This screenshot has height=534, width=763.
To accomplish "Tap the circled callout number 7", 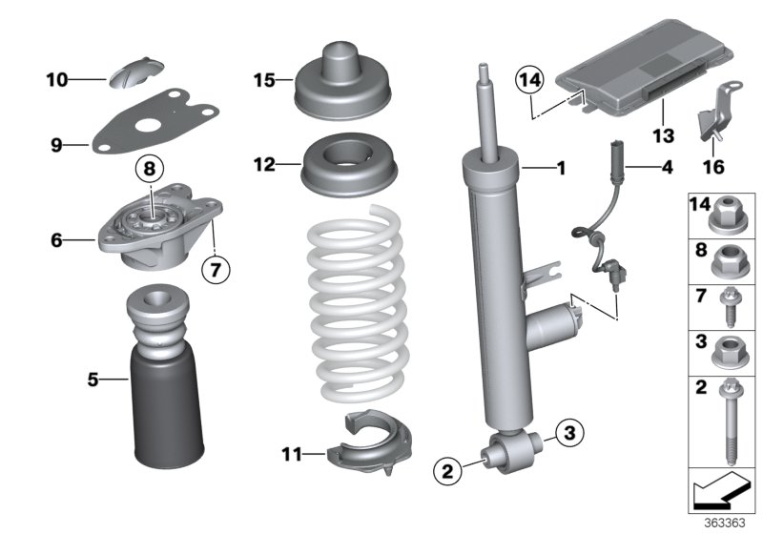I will pyautogui.click(x=216, y=270).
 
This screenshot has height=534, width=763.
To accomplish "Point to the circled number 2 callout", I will pyautogui.click(x=444, y=469).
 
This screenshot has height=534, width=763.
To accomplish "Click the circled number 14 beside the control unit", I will pyautogui.click(x=530, y=81).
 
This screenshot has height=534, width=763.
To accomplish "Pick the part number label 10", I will pyautogui.click(x=58, y=80).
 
